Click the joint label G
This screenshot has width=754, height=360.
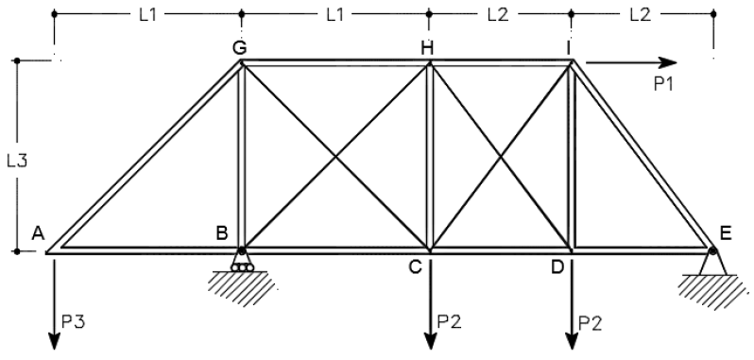coord(239,48)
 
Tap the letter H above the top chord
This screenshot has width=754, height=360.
coord(426,48)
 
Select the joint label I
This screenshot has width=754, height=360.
coord(569,48)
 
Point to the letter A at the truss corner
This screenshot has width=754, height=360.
coord(38,233)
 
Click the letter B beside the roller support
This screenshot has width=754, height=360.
coord(222,233)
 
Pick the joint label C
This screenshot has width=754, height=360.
coord(416,267)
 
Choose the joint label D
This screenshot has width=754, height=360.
coord(557,267)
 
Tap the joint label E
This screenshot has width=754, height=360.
coord(726,233)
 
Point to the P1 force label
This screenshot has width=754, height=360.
coord(663,84)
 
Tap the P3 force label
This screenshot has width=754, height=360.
coord(74,322)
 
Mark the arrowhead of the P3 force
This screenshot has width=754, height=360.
coord(54,341)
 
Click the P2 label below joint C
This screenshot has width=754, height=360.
coord(449,321)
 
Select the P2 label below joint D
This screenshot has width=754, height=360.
coord(590,323)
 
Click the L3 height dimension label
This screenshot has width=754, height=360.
coord(17,161)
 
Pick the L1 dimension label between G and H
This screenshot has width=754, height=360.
coord(335,15)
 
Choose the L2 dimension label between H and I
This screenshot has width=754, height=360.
coord(498,15)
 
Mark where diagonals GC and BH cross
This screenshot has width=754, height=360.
coord(335,157)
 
